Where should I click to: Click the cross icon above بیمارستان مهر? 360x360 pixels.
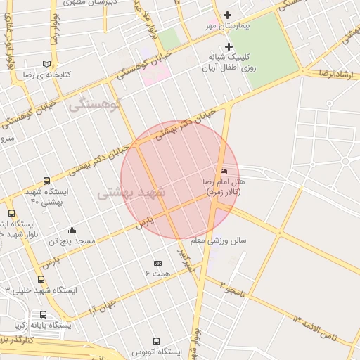[x=227, y=15]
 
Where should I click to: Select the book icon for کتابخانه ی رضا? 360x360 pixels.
[x=46, y=63]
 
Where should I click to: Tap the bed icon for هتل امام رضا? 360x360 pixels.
[x=224, y=172]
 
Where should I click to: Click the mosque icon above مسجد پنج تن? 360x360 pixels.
[x=72, y=230]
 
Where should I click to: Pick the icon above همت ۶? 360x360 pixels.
[x=157, y=263]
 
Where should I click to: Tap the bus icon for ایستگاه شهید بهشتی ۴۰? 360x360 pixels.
[x=46, y=181]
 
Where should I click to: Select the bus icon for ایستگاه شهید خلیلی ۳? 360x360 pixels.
[x=41, y=280]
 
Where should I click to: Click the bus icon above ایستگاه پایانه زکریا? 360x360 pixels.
[x=44, y=314]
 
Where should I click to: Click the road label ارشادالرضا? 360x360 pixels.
[x=335, y=72]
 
